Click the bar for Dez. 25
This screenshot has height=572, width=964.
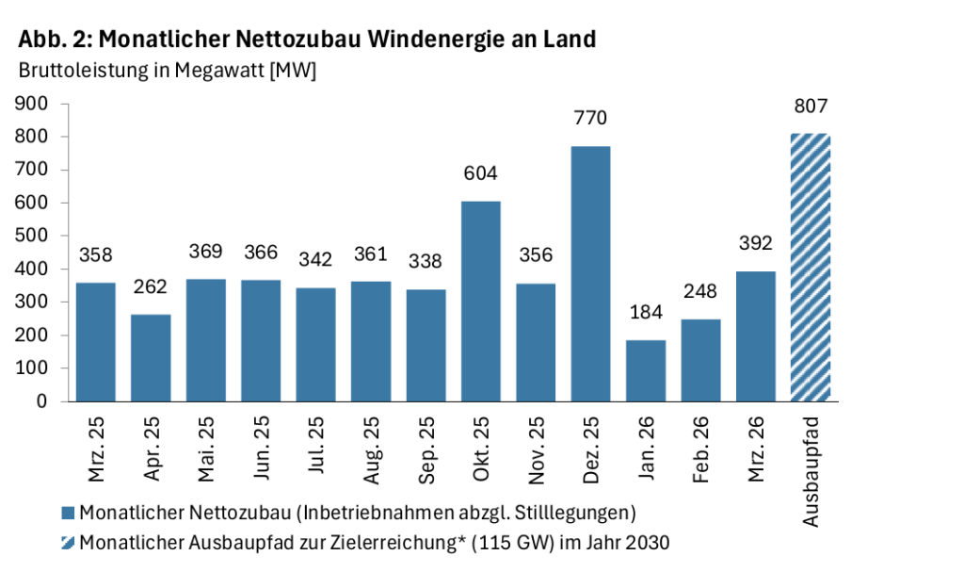click(590, 273)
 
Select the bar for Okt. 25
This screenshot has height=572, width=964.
click(480, 302)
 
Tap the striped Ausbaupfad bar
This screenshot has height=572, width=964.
click(811, 268)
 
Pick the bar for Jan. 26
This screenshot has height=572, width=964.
click(645, 370)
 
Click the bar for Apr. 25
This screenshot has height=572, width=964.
click(151, 357)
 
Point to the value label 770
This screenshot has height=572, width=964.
click(590, 119)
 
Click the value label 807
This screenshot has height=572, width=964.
click(811, 106)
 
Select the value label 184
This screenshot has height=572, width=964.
click(645, 313)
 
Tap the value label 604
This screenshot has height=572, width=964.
click(480, 173)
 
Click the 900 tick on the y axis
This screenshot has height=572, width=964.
click(33, 104)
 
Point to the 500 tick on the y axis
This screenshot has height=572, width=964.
click(33, 236)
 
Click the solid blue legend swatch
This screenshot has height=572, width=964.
click(67, 514)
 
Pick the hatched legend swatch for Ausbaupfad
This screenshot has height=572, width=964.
click(67, 543)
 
